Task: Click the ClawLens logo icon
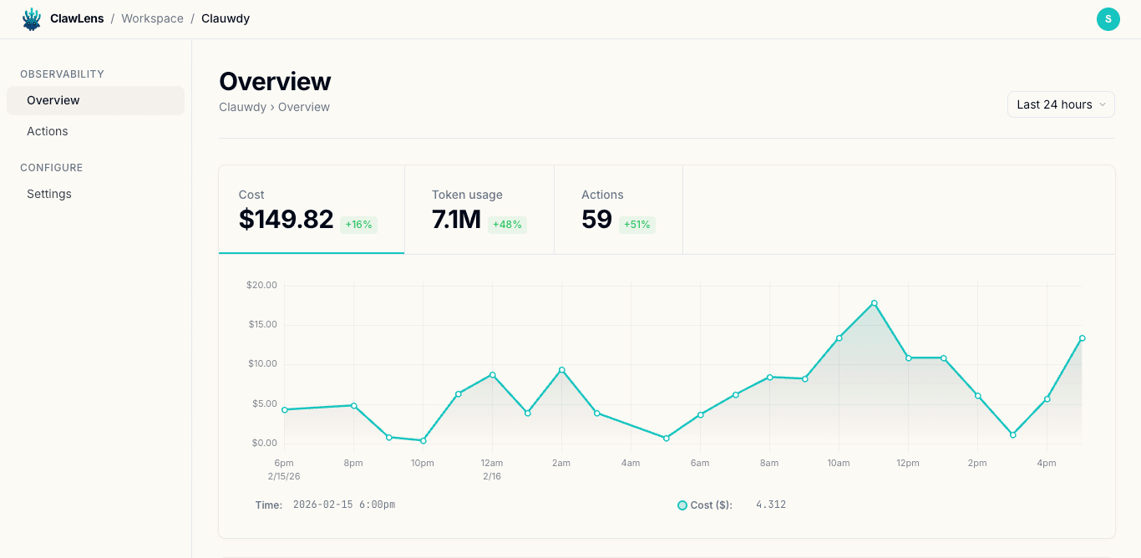click(32, 19)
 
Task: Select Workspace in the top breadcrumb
click(152, 18)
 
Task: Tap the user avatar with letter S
click(1108, 19)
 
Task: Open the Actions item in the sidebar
click(48, 131)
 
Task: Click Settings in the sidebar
click(49, 194)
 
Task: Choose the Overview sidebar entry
click(53, 100)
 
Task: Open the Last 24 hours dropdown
click(1061, 104)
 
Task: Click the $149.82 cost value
click(286, 219)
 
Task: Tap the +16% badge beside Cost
click(358, 225)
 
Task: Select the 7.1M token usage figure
click(456, 219)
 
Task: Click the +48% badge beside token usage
click(507, 225)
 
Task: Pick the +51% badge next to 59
click(636, 225)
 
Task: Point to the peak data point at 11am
click(874, 303)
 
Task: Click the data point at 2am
click(561, 370)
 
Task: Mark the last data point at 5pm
click(1082, 338)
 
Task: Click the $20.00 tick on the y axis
click(261, 285)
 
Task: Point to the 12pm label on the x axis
click(908, 463)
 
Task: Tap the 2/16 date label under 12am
click(492, 476)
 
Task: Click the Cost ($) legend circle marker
click(682, 505)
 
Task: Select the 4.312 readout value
click(771, 505)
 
